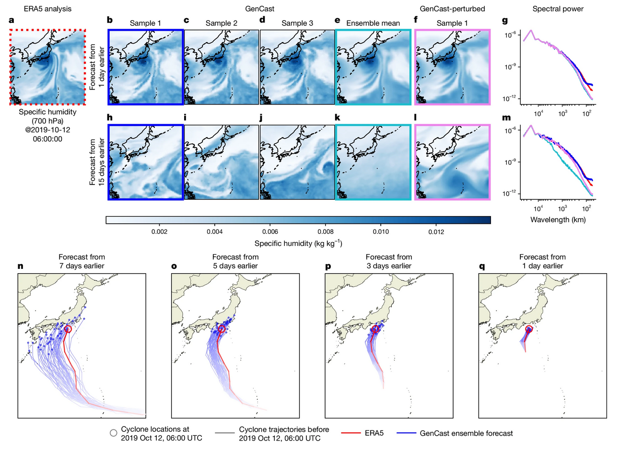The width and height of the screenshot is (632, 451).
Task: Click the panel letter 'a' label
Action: point(12,21)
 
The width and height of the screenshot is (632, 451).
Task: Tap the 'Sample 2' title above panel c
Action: point(221,23)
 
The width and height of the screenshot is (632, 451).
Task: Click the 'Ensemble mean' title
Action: point(373,23)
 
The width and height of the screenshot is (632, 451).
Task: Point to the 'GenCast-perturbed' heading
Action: point(452,9)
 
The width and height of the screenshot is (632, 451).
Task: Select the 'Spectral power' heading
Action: point(558,9)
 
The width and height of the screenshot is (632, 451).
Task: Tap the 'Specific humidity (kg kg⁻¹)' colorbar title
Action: point(298,243)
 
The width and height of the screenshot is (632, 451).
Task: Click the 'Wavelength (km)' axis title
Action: point(558,220)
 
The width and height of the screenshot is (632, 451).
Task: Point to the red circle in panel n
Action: point(68,329)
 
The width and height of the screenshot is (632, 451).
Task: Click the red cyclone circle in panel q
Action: point(529,329)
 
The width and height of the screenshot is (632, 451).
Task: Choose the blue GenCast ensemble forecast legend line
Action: point(406,433)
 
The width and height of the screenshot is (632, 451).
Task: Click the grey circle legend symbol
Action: point(113,433)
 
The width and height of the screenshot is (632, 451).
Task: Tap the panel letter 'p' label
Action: point(328,266)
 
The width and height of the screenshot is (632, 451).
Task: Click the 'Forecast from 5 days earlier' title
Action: point(235,261)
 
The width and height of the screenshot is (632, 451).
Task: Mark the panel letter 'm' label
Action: point(506,118)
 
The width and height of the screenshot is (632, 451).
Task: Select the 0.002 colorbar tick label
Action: point(159,232)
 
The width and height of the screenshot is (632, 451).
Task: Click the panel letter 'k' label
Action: point(338,118)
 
